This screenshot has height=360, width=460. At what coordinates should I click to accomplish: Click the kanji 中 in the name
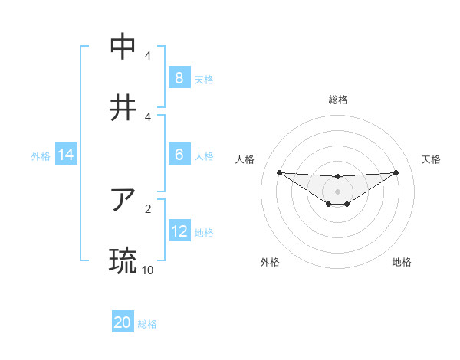point(123,47)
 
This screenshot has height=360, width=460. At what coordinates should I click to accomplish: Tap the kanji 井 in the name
point(123,108)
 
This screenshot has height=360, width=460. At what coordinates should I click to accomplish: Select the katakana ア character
point(123,200)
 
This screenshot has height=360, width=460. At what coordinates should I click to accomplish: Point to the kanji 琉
point(123,261)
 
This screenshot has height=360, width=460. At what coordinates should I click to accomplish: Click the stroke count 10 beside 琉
point(147,270)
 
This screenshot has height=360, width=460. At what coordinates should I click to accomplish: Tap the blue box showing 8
point(179,77)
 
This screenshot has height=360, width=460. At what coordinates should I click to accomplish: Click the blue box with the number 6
point(179,154)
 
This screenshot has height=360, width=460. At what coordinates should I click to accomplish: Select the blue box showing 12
point(179,231)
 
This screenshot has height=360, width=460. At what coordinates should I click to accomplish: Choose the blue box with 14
point(66,155)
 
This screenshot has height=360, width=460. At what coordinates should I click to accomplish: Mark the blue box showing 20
point(123,322)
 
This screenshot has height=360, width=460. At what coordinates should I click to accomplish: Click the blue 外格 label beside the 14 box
point(41,155)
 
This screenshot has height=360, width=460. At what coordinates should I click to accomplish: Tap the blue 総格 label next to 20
point(147,324)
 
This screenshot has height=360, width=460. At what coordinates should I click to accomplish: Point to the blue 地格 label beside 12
point(204,232)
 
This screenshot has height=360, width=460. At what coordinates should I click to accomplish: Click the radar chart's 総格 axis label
point(338,100)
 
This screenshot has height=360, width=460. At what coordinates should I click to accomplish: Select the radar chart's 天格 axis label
point(432,159)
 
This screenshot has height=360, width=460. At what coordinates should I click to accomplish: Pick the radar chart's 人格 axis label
point(245,159)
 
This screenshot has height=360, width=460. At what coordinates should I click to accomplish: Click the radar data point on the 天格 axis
point(396,172)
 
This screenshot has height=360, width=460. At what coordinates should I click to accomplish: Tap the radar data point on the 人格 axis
point(279,172)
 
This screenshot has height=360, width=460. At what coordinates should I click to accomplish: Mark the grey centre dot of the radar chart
point(338,191)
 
